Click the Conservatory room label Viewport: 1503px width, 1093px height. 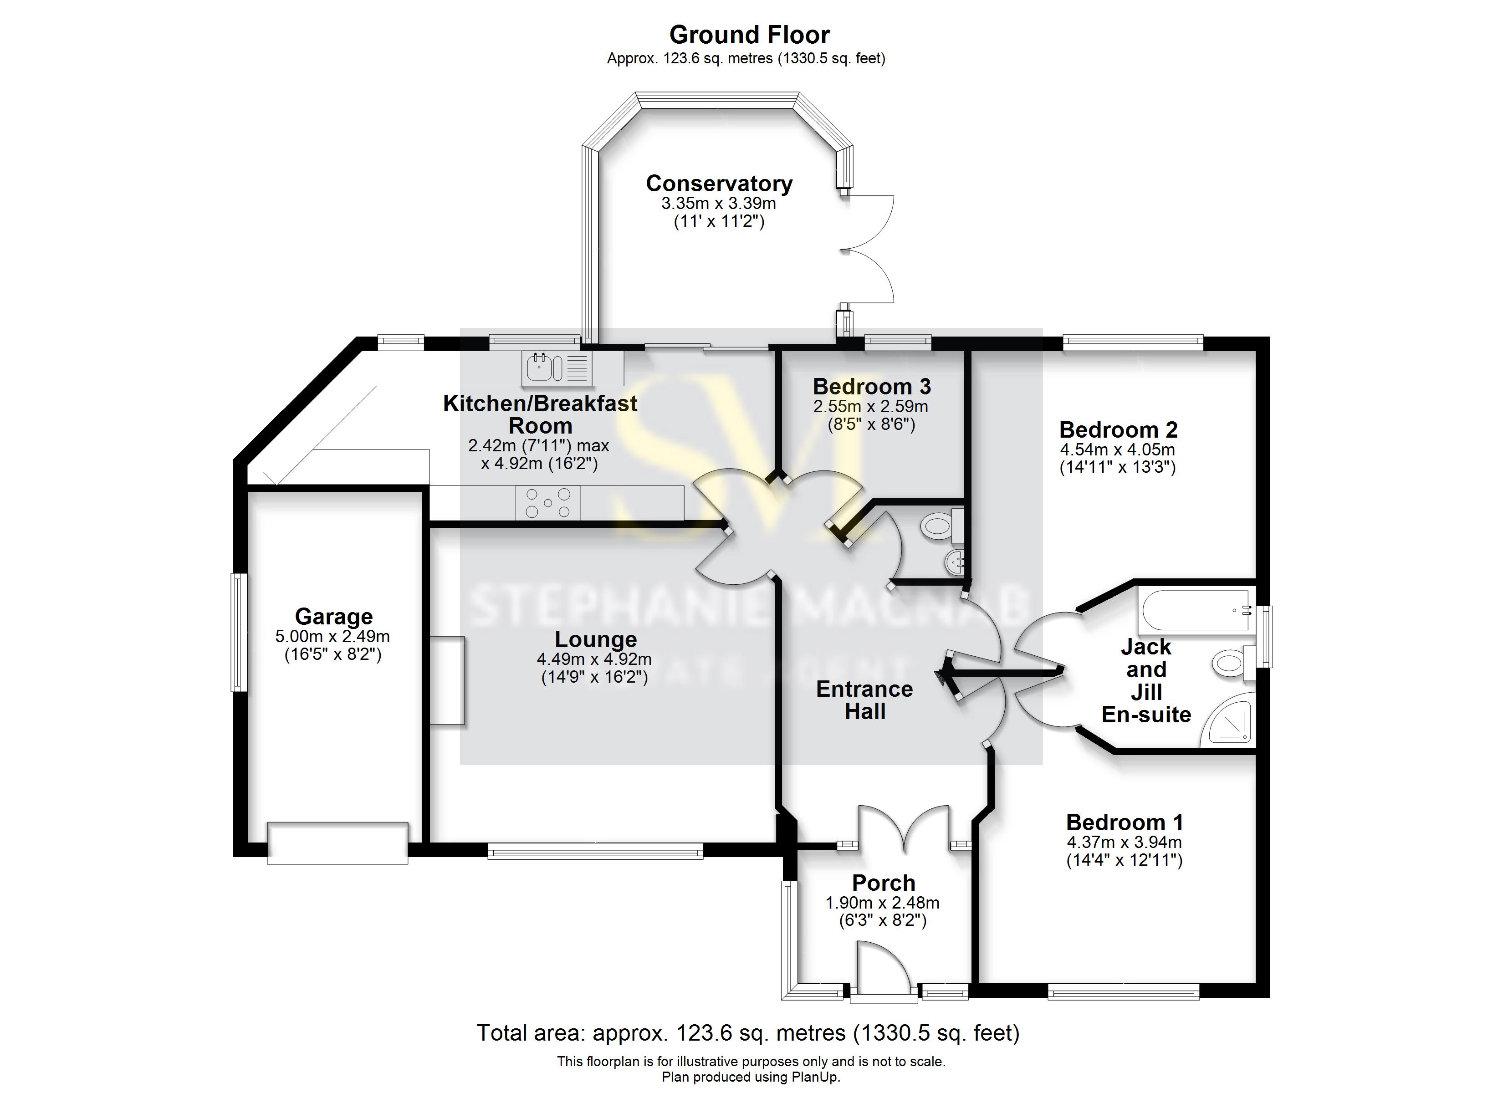click(x=719, y=184)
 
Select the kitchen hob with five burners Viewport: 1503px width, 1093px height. click(x=547, y=503)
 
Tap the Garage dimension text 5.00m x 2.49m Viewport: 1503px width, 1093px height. click(x=332, y=636)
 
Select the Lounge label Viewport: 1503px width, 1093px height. click(x=595, y=639)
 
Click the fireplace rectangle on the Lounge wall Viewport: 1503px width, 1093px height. click(x=447, y=680)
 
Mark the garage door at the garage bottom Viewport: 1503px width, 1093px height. click(x=337, y=843)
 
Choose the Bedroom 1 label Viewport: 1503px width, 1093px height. click(x=1124, y=822)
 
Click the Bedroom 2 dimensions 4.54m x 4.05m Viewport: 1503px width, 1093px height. click(x=1117, y=449)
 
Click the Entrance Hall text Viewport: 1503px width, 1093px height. click(x=864, y=700)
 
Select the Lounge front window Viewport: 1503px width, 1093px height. click(x=595, y=851)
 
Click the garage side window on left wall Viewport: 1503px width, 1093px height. click(x=239, y=632)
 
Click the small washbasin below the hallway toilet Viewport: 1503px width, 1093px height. click(x=953, y=563)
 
